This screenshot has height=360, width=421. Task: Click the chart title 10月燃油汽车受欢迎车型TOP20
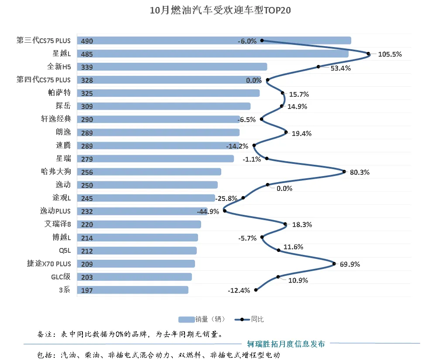tap(220, 10)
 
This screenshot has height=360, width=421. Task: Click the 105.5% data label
tap(390, 54)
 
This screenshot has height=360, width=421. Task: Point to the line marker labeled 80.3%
tap(345, 172)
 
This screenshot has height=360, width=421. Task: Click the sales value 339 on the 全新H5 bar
tap(87, 67)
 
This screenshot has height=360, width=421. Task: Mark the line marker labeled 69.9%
tap(334, 263)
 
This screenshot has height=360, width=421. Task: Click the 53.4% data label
tap(340, 68)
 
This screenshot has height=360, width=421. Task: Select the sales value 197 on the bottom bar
tap(87, 290)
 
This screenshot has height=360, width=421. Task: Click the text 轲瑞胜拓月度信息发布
tap(286, 344)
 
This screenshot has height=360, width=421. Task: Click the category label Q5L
tap(65, 251)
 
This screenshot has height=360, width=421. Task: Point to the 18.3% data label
tap(302, 225)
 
